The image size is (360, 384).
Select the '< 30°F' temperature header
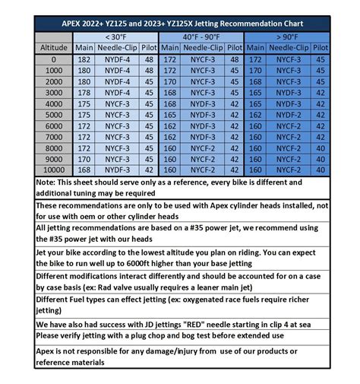(x=115, y=36)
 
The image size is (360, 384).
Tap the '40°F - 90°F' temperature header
(x=202, y=36)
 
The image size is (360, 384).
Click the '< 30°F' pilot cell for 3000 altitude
(x=149, y=92)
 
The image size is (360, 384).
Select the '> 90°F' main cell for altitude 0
(x=255, y=59)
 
